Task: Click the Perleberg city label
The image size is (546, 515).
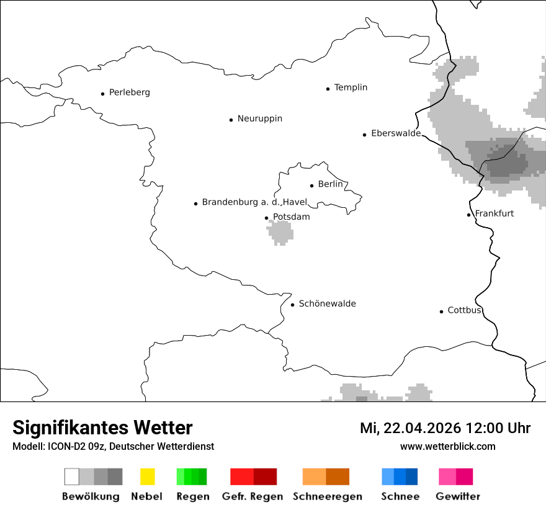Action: point(129,92)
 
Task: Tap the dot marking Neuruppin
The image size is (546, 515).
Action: point(231,120)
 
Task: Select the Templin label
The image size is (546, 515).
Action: point(351,87)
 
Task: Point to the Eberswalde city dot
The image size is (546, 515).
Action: point(364,135)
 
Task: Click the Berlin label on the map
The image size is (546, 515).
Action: point(330,184)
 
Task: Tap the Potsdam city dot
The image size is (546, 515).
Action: point(266,218)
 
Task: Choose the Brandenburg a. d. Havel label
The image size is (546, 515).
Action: point(254,202)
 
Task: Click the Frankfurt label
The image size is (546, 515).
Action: point(494,213)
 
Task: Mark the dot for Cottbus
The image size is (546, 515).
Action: point(441,311)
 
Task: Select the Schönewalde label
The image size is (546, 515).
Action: point(327,303)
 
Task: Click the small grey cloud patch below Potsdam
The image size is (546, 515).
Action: point(280,232)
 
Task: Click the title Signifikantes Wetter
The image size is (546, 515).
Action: point(102,428)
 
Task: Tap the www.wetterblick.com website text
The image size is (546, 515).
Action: point(447,447)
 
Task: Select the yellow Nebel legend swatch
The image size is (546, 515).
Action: point(147,477)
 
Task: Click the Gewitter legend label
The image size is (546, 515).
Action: point(457,496)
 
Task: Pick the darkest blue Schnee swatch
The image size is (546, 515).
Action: point(411,477)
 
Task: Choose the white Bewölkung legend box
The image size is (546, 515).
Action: point(71,477)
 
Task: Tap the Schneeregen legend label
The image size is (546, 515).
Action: point(327,496)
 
